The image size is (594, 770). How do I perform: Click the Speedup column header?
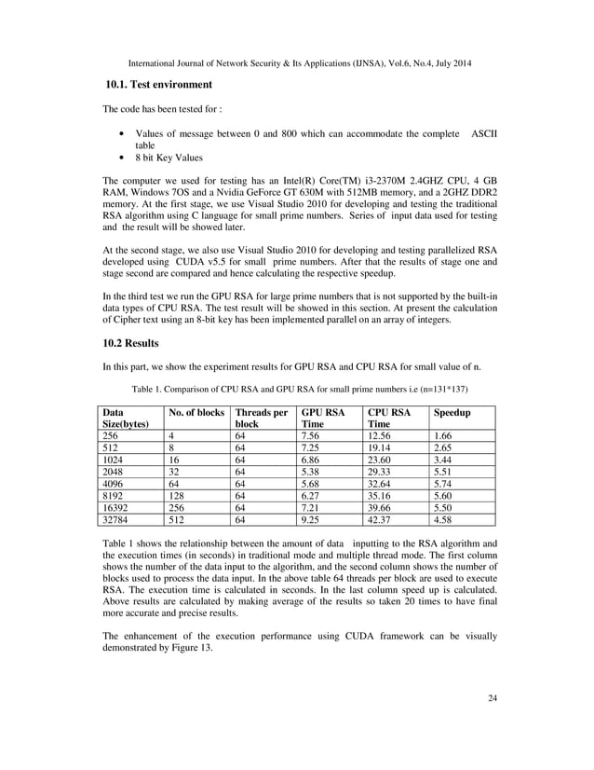(x=452, y=411)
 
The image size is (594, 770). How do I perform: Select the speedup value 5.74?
(x=446, y=483)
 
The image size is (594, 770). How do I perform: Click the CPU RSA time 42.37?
(x=381, y=519)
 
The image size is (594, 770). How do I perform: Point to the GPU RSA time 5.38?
(x=312, y=471)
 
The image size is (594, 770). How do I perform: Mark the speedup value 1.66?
(x=446, y=434)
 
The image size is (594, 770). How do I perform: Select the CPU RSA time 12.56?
(x=381, y=434)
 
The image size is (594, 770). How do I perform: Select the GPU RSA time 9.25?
(x=312, y=519)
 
